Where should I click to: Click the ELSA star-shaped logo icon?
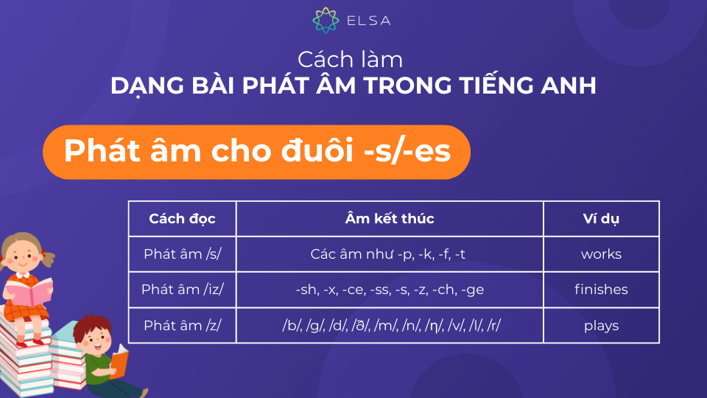pyautogui.click(x=326, y=21)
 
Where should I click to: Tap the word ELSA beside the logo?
pyautogui.click(x=369, y=21)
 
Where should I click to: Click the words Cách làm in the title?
pyautogui.click(x=350, y=60)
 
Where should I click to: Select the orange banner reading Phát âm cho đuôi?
pyautogui.click(x=256, y=152)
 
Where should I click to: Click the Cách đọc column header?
pyautogui.click(x=182, y=219)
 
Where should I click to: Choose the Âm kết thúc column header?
pyautogui.click(x=390, y=219)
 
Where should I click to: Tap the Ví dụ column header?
pyautogui.click(x=601, y=219)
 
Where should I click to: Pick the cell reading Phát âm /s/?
pyautogui.click(x=182, y=254)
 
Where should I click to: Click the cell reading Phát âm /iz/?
pyautogui.click(x=182, y=290)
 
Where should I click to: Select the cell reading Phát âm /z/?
pyautogui.click(x=182, y=325)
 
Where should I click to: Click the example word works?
pyautogui.click(x=601, y=254)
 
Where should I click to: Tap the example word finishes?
pyautogui.click(x=601, y=289)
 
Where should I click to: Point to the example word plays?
pyautogui.click(x=601, y=326)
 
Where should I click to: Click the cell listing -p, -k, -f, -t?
pyautogui.click(x=390, y=254)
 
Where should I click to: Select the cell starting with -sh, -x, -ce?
pyautogui.click(x=390, y=290)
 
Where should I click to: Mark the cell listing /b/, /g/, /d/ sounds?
pyautogui.click(x=390, y=325)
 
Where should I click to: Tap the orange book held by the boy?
pyautogui.click(x=119, y=361)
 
